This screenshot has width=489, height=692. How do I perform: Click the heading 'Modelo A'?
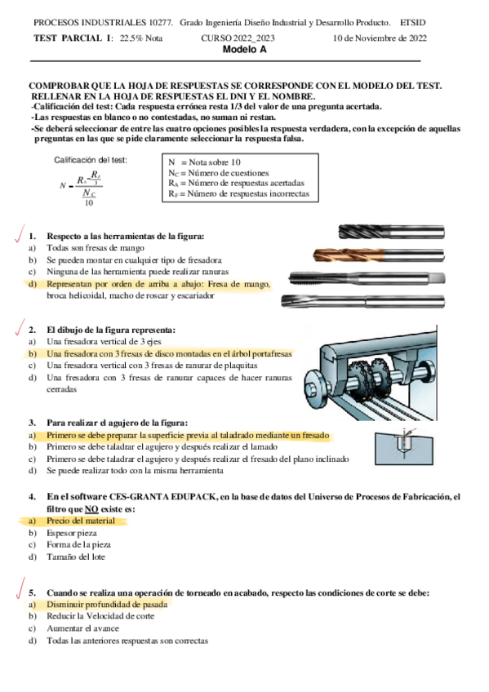click(245, 50)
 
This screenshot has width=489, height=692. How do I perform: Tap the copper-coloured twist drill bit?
click(379, 255)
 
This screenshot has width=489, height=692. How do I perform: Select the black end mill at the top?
click(392, 232)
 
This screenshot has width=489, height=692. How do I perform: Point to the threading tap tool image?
click(367, 278)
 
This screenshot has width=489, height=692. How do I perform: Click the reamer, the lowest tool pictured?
click(362, 301)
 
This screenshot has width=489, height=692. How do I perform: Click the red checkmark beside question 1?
click(20, 233)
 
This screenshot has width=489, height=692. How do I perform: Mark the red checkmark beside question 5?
click(20, 588)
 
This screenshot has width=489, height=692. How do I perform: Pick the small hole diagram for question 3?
click(404, 446)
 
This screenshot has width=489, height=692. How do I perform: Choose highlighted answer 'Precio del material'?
click(81, 521)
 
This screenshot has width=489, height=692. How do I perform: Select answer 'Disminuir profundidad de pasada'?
click(107, 604)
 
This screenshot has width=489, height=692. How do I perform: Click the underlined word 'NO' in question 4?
click(91, 509)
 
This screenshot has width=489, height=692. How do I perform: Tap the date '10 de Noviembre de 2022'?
click(380, 38)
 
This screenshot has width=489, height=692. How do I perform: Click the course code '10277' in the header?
click(161, 23)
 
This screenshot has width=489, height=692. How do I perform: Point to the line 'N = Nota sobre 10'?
click(204, 162)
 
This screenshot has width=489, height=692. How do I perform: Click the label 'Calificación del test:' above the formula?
click(91, 160)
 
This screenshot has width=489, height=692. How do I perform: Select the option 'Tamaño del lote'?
click(76, 557)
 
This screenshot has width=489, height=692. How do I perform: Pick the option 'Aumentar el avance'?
click(83, 628)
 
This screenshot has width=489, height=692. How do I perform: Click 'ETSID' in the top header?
click(412, 23)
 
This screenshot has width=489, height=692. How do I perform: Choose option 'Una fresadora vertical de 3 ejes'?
click(104, 342)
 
